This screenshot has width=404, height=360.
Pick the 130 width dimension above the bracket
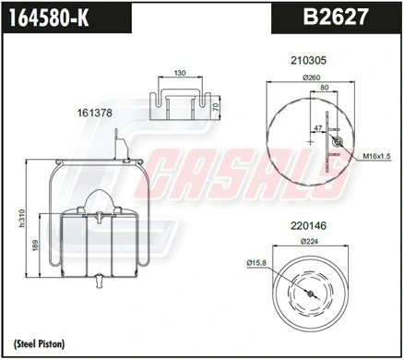(180, 73)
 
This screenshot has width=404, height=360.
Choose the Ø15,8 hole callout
(257, 266)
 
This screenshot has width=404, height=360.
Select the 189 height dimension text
(35, 246)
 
